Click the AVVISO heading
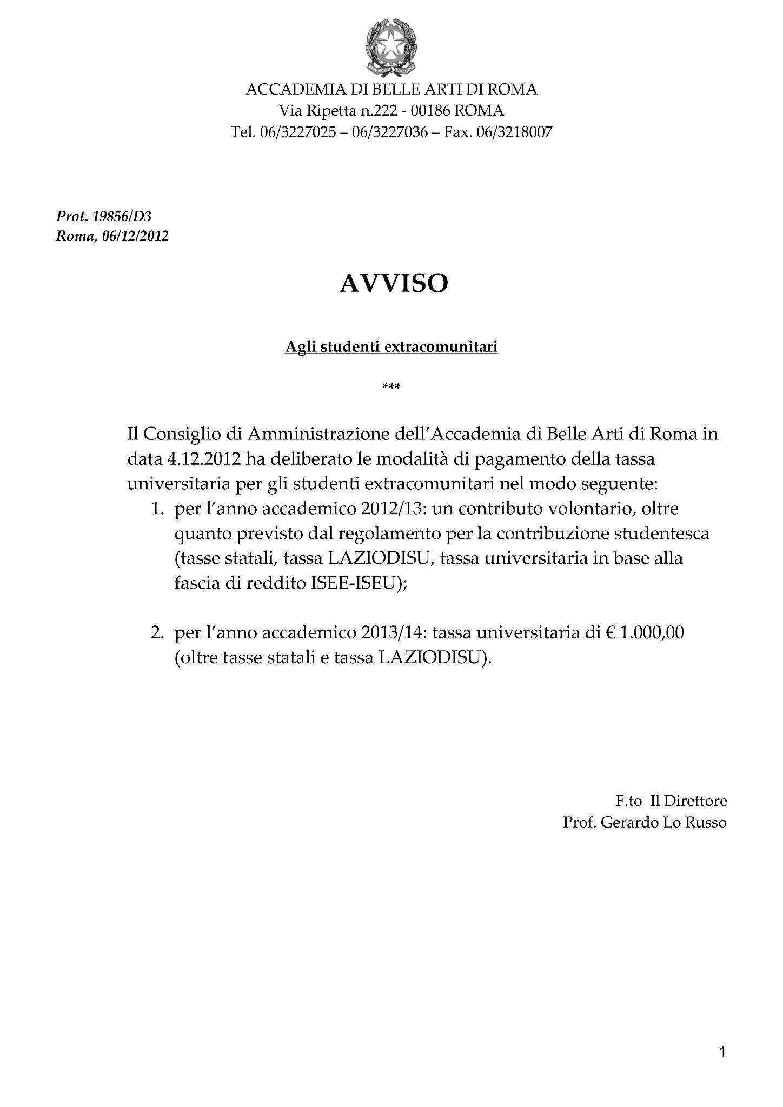click(x=394, y=283)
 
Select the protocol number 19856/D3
click(x=122, y=217)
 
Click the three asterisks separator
click(x=391, y=387)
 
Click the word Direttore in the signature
click(x=695, y=801)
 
